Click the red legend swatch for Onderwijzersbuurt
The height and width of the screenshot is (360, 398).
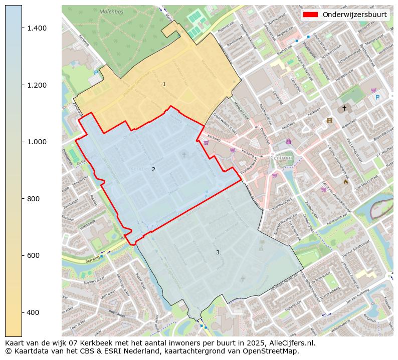[x=310, y=15]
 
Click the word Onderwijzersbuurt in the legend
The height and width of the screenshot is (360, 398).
[x=354, y=15]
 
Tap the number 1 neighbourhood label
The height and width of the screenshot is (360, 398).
[x=164, y=85]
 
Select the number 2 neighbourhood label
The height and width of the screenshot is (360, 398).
[x=153, y=170]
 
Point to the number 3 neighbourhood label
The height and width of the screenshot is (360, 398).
[x=218, y=253]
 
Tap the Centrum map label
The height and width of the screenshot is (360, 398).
[x=281, y=158]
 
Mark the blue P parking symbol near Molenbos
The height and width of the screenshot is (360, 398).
[x=96, y=73]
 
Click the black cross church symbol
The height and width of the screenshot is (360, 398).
[x=344, y=108]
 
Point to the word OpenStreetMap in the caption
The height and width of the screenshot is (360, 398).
[x=274, y=351]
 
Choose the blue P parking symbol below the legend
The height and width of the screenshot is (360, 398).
[x=377, y=98]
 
